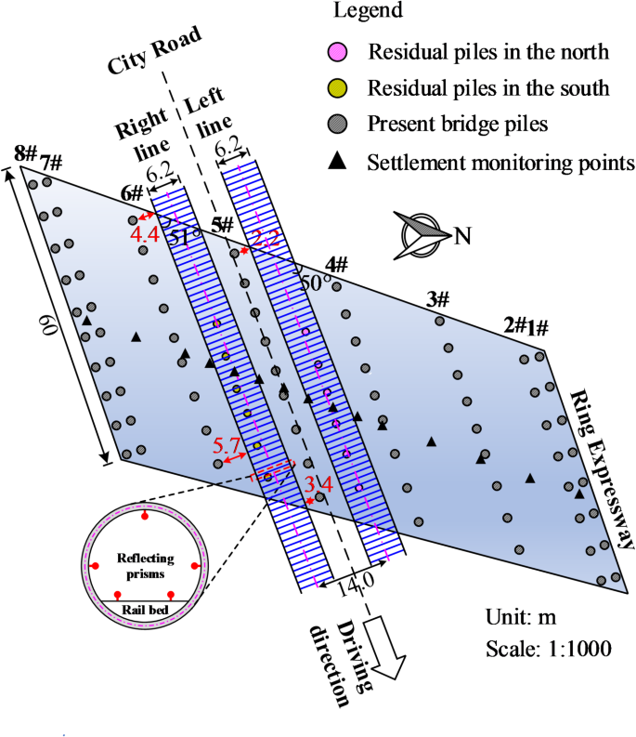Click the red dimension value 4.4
click(x=144, y=234)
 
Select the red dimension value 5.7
click(x=227, y=445)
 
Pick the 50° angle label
click(x=315, y=280)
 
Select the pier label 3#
click(x=437, y=299)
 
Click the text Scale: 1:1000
click(x=548, y=648)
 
